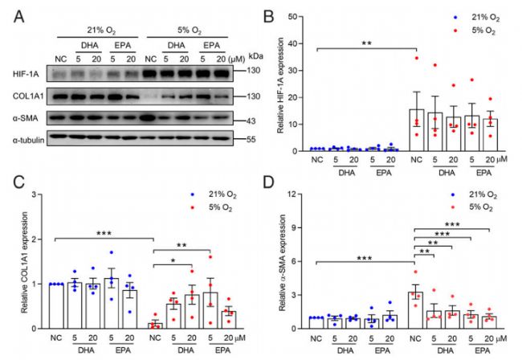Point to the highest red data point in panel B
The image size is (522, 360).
(417, 58)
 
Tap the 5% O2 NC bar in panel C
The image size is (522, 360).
(155, 325)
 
